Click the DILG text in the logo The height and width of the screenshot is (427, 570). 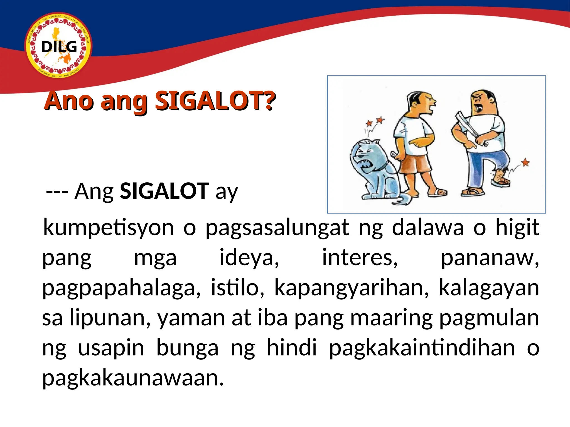point(59,47)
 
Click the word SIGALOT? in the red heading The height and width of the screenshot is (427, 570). point(215,101)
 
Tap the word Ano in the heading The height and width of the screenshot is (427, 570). point(69,101)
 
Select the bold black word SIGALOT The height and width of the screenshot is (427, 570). point(164,191)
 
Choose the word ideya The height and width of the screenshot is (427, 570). point(249,258)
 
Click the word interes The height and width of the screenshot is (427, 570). point(360,258)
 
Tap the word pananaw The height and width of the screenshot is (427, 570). point(490,258)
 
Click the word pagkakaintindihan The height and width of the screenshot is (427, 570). point(422,348)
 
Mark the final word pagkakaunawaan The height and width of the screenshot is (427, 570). point(133,378)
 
